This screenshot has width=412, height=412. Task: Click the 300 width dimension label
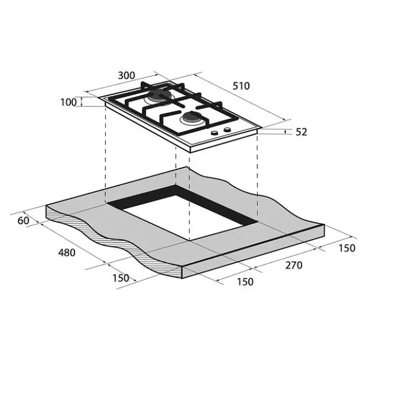(x=126, y=76)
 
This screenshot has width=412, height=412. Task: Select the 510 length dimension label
(x=241, y=86)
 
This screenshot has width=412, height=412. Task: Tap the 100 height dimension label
(x=68, y=102)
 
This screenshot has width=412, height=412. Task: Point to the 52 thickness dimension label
(x=301, y=132)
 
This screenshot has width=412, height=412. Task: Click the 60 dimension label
(x=23, y=220)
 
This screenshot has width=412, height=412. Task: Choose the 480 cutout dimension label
(x=67, y=253)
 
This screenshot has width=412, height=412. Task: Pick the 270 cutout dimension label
(x=294, y=266)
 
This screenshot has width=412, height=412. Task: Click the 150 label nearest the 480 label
(x=121, y=278)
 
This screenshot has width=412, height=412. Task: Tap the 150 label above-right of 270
(x=347, y=248)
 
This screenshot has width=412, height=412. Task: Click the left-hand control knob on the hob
(x=215, y=133)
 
